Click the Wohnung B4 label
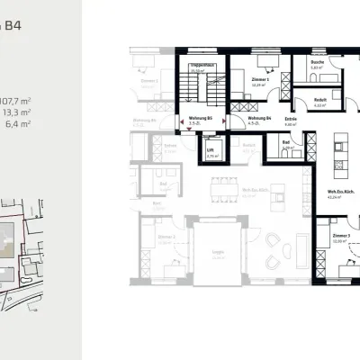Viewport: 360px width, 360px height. click(x=259, y=117)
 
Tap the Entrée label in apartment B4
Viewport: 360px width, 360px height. click(x=291, y=118)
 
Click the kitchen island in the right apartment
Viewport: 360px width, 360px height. click(x=340, y=148)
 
